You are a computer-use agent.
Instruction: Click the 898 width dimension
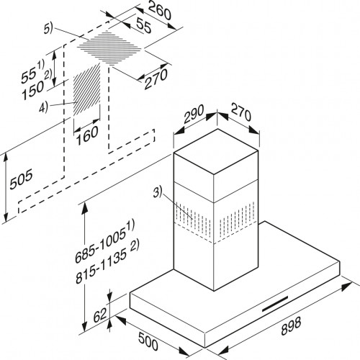(291, 326)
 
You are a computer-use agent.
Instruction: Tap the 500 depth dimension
(148, 341)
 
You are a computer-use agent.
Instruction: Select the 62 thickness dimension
(100, 315)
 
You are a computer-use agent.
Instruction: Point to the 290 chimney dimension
(194, 114)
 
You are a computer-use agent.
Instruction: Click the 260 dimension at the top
(160, 11)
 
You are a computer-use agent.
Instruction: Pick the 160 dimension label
(87, 135)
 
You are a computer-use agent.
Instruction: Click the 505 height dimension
(21, 179)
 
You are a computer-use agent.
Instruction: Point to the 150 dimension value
(33, 90)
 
